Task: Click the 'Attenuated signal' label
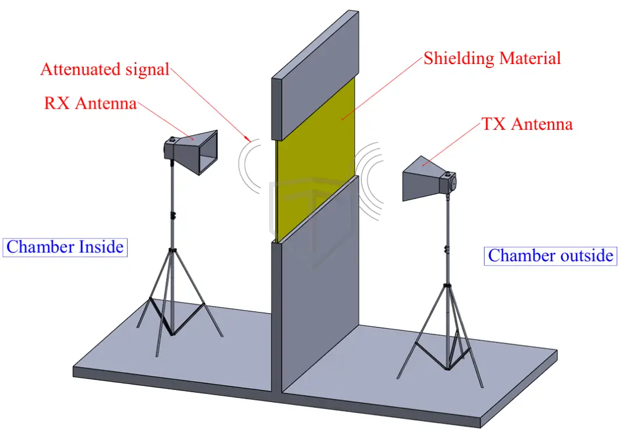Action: [105, 69]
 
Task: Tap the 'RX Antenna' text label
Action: [90, 104]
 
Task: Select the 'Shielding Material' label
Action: [492, 58]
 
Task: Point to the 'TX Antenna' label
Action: [527, 124]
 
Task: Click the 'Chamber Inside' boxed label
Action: [65, 247]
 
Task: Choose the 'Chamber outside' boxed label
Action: [550, 255]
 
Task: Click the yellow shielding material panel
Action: [314, 157]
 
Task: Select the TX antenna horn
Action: [424, 177]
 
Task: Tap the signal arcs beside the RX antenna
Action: [248, 166]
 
